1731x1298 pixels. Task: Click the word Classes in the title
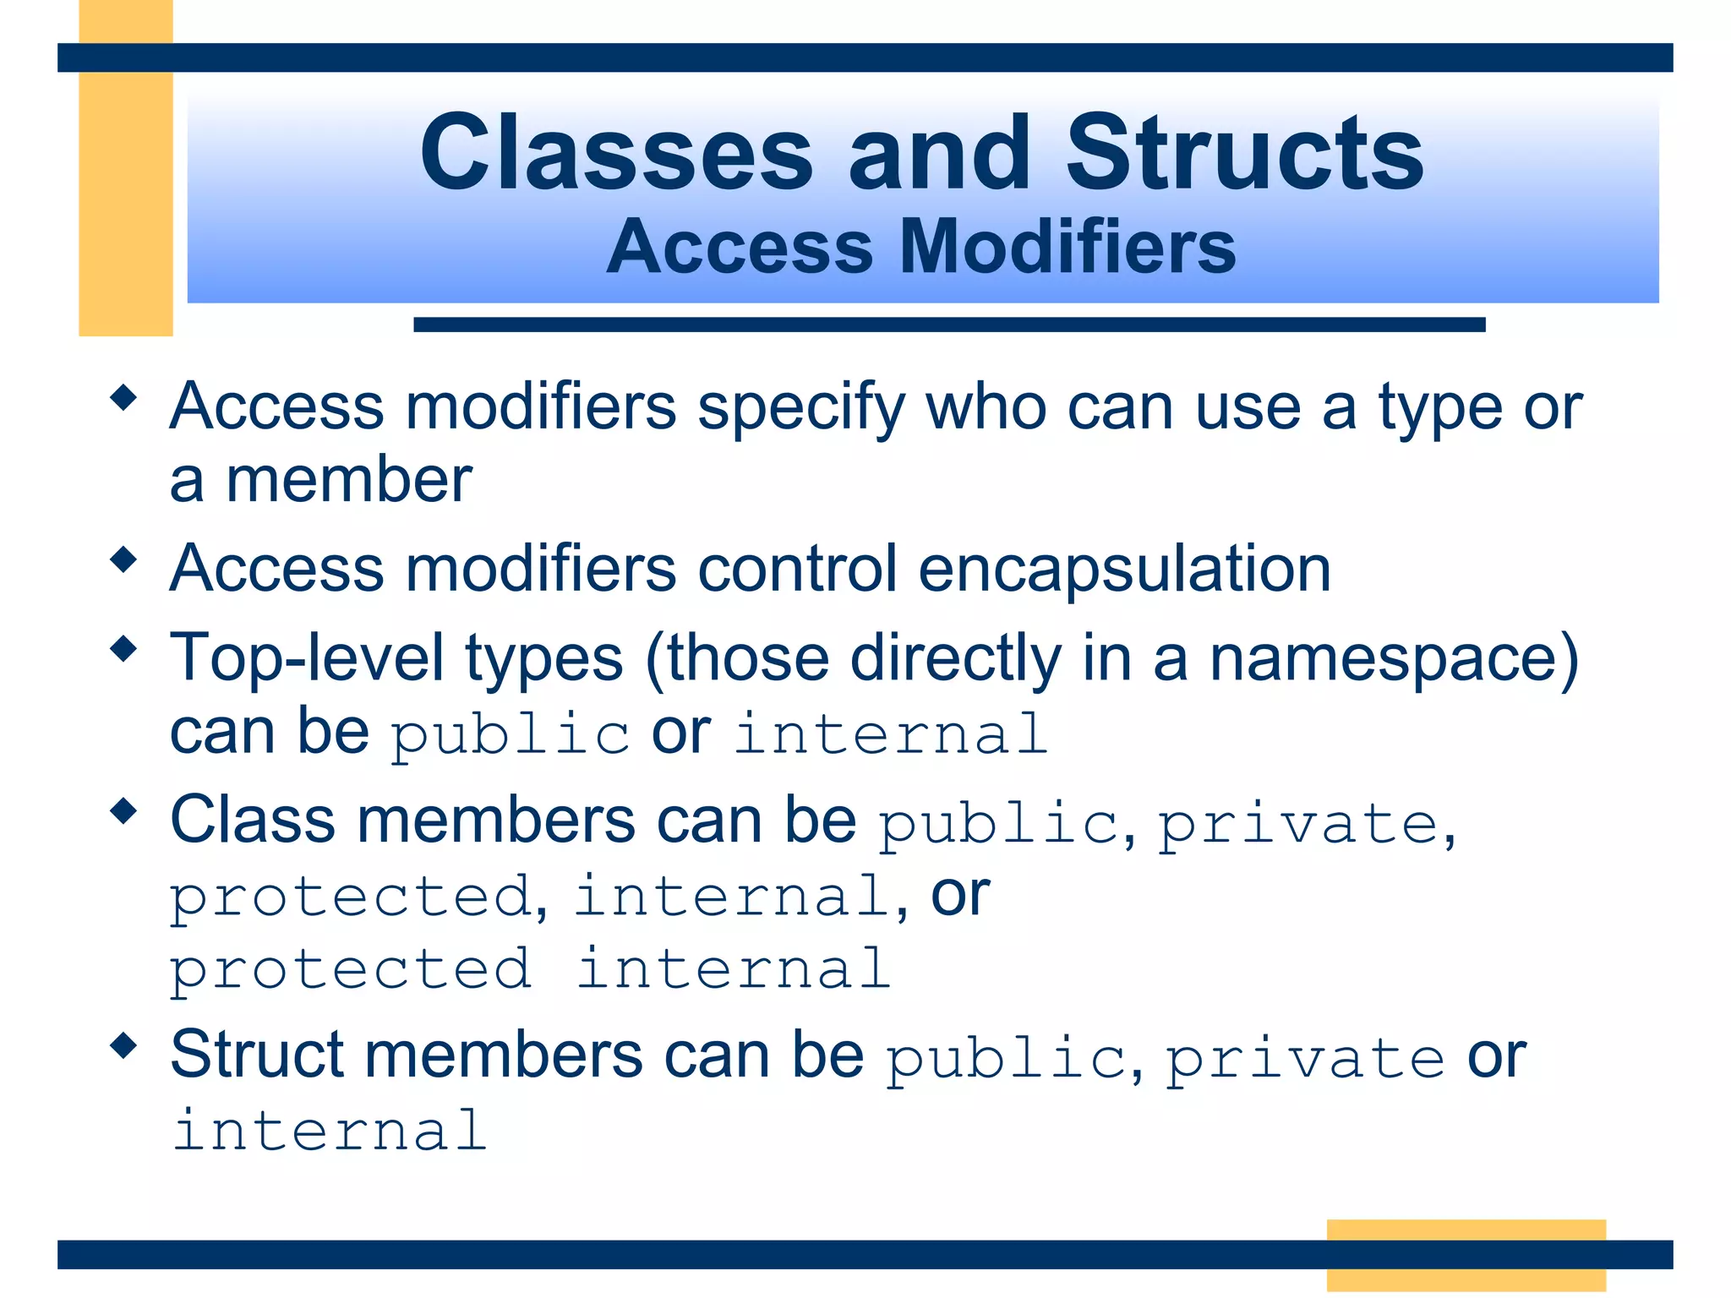(616, 155)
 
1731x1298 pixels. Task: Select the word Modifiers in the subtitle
(1068, 247)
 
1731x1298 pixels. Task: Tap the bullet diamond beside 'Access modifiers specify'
(124, 397)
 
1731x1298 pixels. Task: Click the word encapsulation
(1124, 568)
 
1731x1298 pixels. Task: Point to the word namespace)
(1394, 658)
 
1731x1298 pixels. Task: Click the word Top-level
(307, 658)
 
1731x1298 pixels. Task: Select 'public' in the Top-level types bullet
(510, 734)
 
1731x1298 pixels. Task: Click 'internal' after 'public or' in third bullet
(891, 734)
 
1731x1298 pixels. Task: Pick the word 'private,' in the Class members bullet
(1307, 824)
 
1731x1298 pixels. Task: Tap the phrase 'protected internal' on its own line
(530, 969)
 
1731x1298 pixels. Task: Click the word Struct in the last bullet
(257, 1055)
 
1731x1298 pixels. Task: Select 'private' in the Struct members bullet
(1305, 1059)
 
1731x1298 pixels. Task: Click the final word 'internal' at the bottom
(330, 1131)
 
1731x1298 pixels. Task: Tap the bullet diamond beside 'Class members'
(124, 811)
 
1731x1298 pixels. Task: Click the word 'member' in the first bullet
(349, 480)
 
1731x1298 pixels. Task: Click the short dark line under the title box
(948, 324)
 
